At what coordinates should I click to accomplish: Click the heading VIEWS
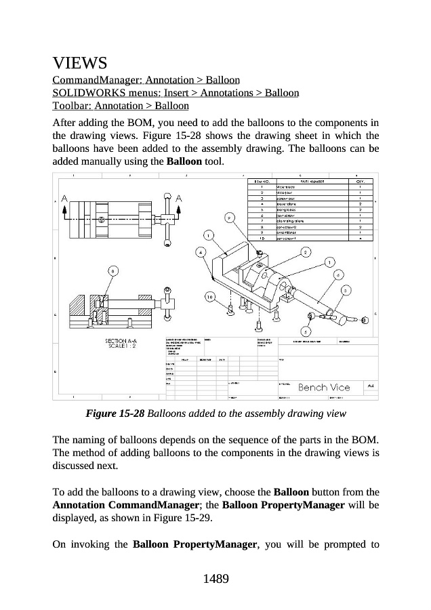(80, 64)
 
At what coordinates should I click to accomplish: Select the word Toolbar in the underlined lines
(71, 106)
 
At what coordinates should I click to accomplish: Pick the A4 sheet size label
(371, 386)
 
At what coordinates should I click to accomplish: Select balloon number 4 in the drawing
(201, 251)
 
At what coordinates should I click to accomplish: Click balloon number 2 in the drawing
(306, 252)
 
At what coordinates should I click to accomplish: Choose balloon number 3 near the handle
(346, 290)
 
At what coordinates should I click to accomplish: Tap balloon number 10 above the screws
(211, 297)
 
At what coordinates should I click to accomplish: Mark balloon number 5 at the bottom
(306, 332)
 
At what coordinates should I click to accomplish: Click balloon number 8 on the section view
(113, 271)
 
